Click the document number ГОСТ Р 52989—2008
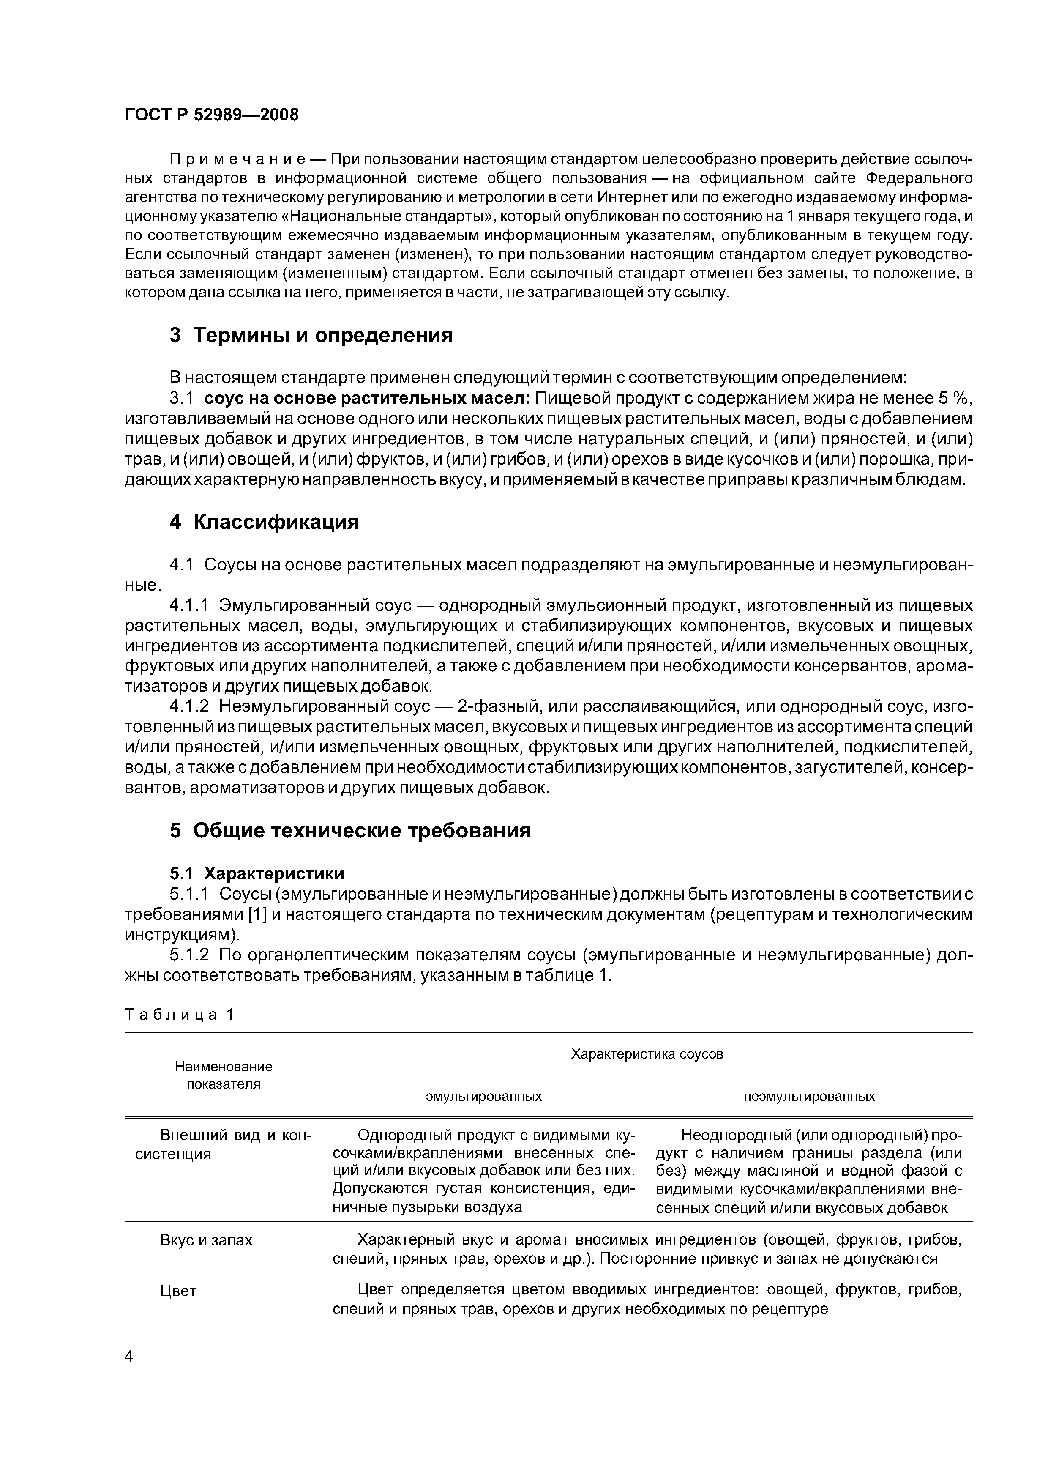click(211, 115)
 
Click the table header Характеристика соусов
click(647, 1054)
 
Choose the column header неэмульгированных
click(809, 1096)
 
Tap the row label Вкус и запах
click(206, 1240)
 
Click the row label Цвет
click(178, 1291)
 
